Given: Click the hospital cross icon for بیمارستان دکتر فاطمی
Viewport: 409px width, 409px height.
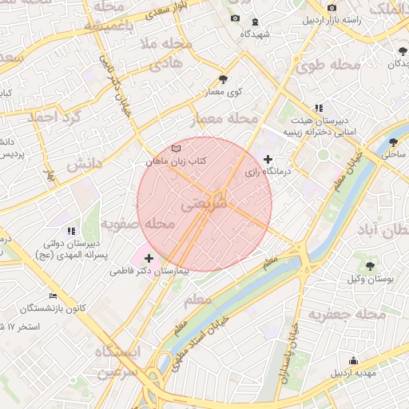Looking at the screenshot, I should pos(149,258).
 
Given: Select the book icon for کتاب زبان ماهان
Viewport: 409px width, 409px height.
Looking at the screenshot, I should pos(176,149).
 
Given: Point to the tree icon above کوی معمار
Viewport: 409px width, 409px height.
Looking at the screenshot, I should pos(223,78).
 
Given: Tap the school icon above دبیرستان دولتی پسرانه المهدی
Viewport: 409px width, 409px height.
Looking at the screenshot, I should pos(72,231).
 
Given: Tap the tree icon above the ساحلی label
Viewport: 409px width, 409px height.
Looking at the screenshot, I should pos(392,142).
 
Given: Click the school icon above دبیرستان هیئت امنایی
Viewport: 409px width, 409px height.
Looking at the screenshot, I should pos(319,107).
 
